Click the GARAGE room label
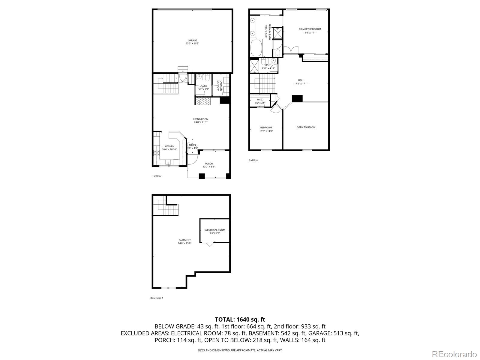point(192,42)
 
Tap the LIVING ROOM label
point(201,121)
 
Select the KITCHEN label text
point(169,148)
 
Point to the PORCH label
point(209,165)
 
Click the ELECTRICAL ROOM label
point(215,231)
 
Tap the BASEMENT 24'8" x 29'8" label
point(184,241)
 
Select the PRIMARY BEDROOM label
point(310,31)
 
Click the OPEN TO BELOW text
point(306,127)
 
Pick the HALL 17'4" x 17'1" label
point(301,82)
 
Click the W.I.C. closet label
point(260,101)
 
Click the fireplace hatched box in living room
point(203,101)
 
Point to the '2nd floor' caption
point(253,160)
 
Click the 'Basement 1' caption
point(157,298)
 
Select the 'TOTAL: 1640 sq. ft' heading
point(240,319)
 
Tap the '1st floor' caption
point(157,176)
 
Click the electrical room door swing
point(209,244)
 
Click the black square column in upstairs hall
point(297,98)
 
